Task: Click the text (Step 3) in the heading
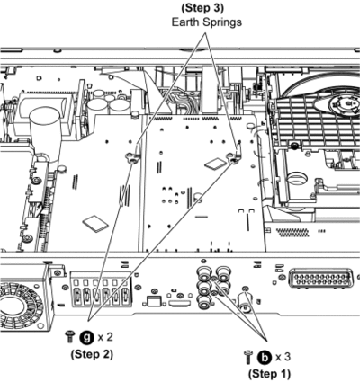point(202,8)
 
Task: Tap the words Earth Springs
point(207,22)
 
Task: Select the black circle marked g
point(87,338)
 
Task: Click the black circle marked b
point(265,358)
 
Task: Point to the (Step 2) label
point(92,354)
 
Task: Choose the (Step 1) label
point(269,374)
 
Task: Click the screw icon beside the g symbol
point(70,337)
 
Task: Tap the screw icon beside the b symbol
point(248,357)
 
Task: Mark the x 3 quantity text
point(283,357)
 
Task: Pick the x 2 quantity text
point(105,337)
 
